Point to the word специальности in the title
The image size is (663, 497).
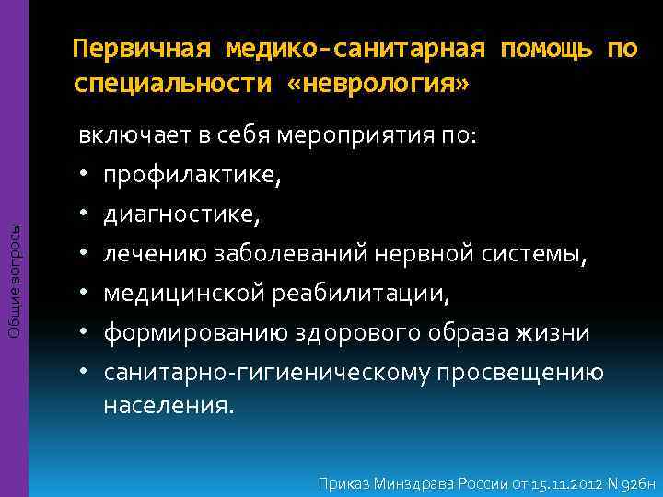coord(172,85)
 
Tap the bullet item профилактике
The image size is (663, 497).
coord(191,175)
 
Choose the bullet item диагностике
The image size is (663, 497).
coord(180,214)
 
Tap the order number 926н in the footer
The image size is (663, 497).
coord(634,482)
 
